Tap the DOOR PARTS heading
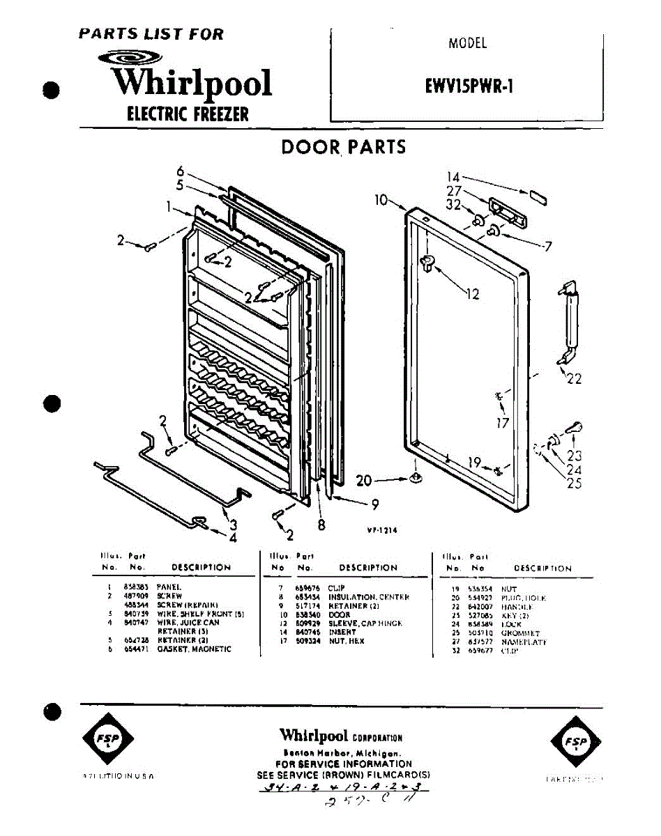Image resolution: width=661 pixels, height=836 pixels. coord(343,147)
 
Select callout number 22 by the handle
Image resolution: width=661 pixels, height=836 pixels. coord(574,379)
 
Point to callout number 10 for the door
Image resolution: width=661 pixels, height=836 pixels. coord(381,200)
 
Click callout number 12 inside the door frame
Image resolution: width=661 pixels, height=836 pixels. coord(472,294)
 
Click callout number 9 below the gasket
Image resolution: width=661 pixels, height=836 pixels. coord(374,504)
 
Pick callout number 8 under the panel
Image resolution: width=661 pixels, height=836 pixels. coord(321,526)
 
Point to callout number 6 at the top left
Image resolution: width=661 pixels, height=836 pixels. coord(180,171)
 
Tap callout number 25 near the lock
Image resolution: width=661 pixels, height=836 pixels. coord(574,483)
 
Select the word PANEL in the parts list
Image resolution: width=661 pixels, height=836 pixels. coord(169,587)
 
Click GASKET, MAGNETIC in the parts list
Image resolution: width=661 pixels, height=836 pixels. coord(194,649)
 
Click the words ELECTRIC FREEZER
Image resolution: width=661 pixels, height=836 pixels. coord(187,114)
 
